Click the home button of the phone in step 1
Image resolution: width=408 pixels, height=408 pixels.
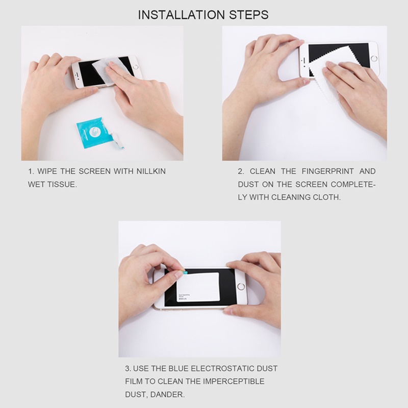(x=136, y=66)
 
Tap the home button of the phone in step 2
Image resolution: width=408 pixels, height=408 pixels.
(x=374, y=58)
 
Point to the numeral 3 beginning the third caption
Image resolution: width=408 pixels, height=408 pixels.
(x=127, y=368)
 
